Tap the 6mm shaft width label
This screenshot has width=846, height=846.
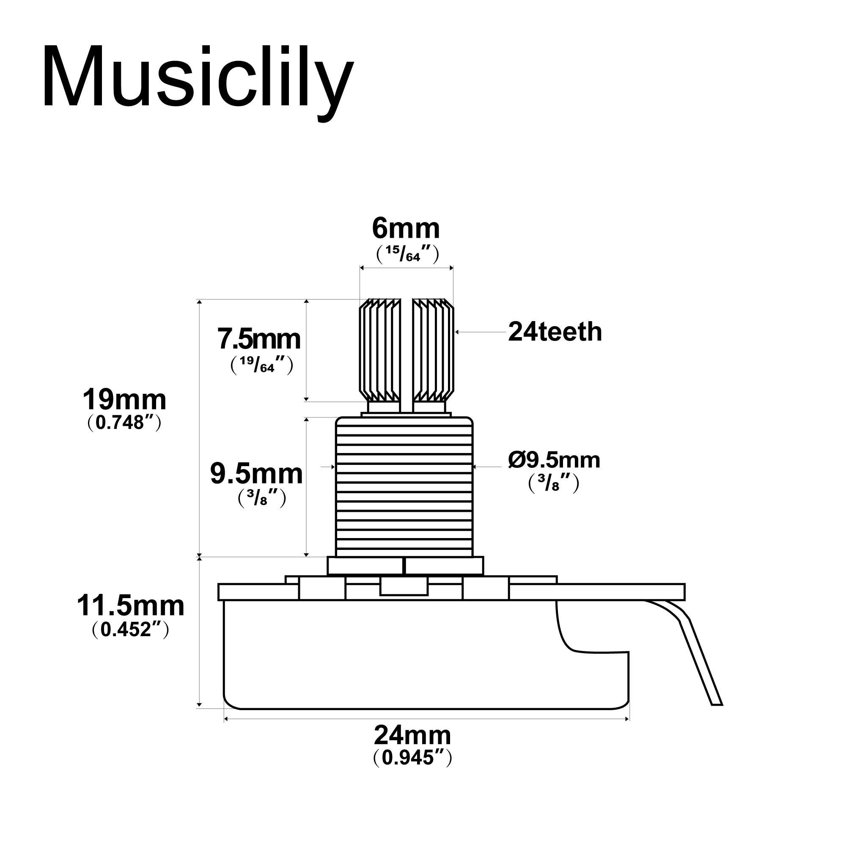[x=406, y=228]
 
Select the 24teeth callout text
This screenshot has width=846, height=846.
[x=555, y=332]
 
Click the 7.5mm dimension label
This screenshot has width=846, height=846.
[x=259, y=339]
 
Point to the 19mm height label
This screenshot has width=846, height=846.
[x=125, y=400]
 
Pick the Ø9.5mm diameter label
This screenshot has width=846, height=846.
[x=554, y=460]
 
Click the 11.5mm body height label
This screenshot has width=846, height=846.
[x=130, y=606]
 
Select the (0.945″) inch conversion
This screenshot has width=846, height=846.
[x=412, y=758]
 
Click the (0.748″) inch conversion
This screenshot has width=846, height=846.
[x=125, y=423]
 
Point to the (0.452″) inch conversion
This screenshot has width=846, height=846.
[x=130, y=629]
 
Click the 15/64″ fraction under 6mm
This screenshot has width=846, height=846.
[x=407, y=254]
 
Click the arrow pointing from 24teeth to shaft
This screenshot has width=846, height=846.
[x=481, y=332]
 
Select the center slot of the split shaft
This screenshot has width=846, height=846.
[x=407, y=356]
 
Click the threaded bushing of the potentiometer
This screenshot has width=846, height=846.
[x=404, y=487]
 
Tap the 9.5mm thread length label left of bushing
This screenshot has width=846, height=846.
[x=256, y=474]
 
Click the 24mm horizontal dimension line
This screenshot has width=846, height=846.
[x=426, y=719]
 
